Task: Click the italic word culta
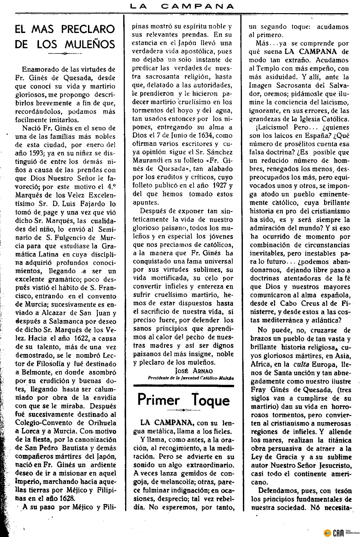point(300,365)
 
